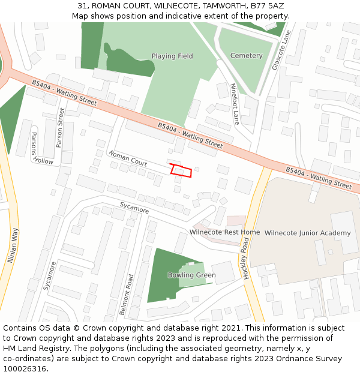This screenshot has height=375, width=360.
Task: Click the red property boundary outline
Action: click(181, 170)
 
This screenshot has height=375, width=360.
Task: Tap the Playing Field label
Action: click(172, 56)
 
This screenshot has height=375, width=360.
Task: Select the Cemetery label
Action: click(246, 56)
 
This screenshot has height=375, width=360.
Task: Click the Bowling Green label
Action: click(191, 275)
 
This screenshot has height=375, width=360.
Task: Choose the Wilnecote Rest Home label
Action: click(224, 232)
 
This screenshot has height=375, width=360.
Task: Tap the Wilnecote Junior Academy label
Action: click(307, 233)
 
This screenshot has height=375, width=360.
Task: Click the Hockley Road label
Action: click(245, 257)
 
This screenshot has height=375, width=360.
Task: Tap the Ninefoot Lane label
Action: click(235, 104)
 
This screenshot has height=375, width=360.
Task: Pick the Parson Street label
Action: click(59, 127)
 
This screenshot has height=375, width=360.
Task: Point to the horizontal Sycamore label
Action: click(134, 208)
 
